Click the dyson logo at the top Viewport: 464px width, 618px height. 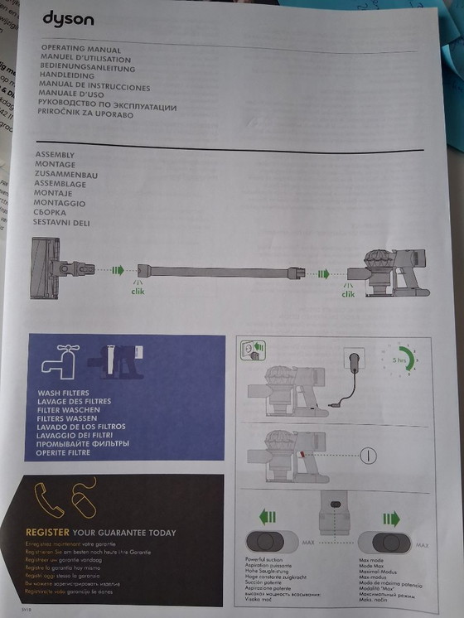pyautogui.click(x=68, y=20)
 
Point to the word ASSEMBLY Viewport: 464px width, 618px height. pyautogui.click(x=56, y=155)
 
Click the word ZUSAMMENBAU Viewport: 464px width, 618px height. pyautogui.click(x=67, y=174)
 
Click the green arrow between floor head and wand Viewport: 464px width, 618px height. pyautogui.click(x=118, y=270)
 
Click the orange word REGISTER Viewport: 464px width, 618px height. pyautogui.click(x=47, y=532)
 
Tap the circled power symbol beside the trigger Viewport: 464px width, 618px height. pyautogui.click(x=368, y=455)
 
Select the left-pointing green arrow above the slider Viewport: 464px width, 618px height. pyautogui.click(x=267, y=519)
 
